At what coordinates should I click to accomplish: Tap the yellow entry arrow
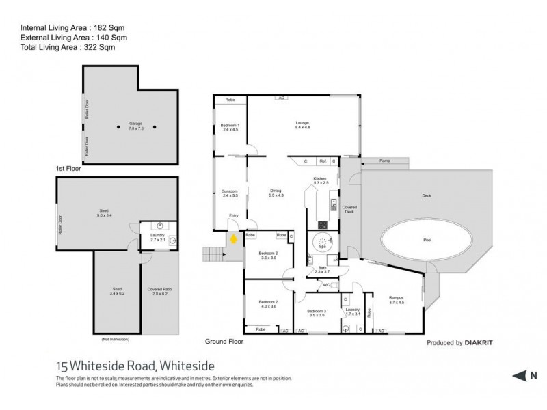tap(234, 239)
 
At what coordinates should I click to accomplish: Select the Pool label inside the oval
tap(427, 241)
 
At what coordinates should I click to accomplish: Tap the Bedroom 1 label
tap(230, 127)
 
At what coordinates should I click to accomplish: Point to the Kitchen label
tap(321, 180)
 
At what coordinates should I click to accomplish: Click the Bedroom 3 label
tap(317, 313)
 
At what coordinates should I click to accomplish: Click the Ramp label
tap(385, 161)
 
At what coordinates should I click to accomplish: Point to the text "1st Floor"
tap(69, 167)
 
